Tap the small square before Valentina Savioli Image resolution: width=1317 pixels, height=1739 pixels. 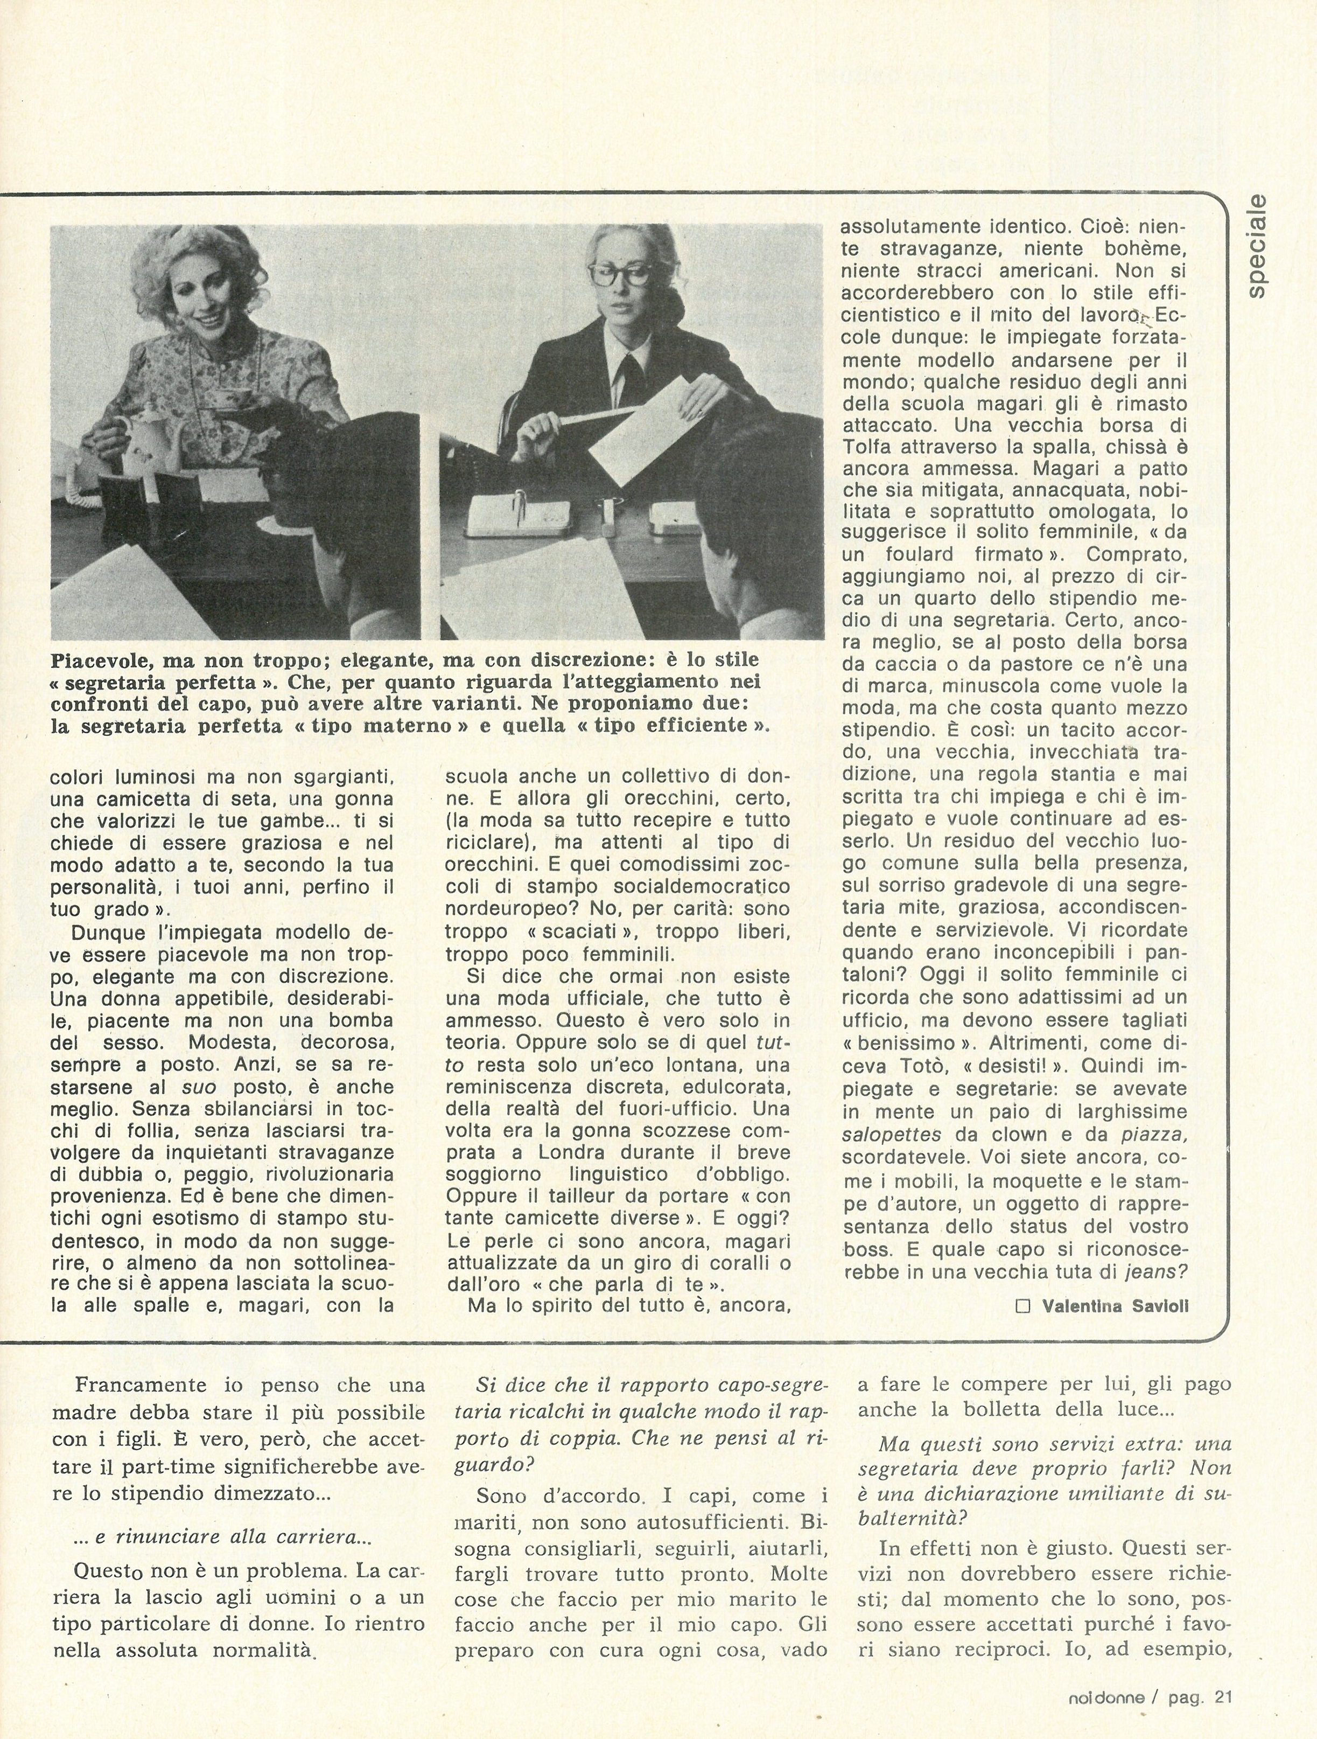1023,1306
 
